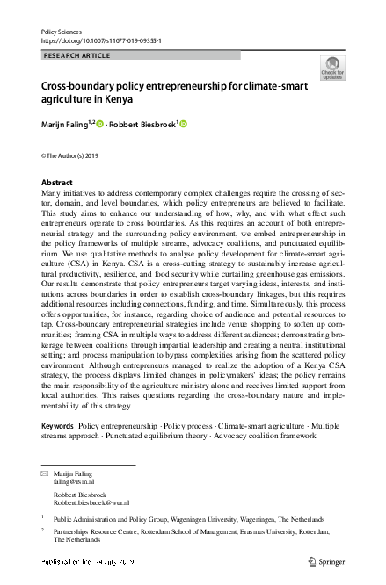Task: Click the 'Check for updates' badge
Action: click(333, 69)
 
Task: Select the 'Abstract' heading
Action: click(57, 182)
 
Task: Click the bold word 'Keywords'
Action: click(57, 426)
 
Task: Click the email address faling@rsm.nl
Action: click(74, 482)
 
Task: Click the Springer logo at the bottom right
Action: click(326, 560)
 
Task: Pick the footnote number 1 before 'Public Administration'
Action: click(43, 518)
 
